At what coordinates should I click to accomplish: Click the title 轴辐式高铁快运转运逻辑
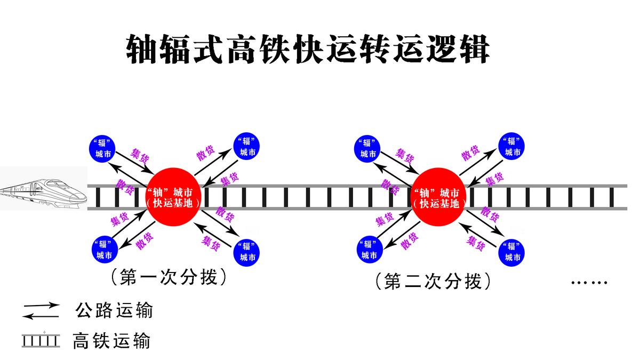(x=308, y=50)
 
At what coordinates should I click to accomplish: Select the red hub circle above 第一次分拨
(x=172, y=197)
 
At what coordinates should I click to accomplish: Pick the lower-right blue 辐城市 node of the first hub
(x=247, y=251)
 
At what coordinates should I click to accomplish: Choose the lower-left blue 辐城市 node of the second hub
(x=369, y=249)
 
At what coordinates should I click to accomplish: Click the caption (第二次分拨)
(x=433, y=281)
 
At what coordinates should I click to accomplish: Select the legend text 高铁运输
(x=112, y=340)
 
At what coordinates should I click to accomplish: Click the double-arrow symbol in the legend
(x=41, y=311)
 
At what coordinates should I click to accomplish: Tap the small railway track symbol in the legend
(x=41, y=340)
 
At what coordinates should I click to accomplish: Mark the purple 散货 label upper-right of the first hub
(x=205, y=153)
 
